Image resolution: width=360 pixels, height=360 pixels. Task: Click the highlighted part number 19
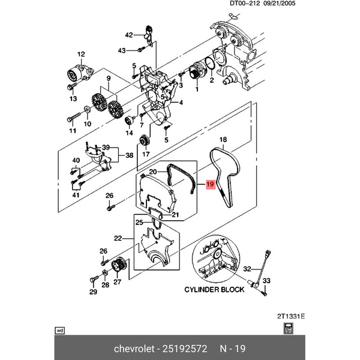[x=209, y=185]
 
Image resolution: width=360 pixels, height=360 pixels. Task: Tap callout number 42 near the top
[x=128, y=34]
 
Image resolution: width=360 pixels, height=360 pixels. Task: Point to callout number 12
[x=80, y=55]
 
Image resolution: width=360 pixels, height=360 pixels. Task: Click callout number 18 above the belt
[x=222, y=140]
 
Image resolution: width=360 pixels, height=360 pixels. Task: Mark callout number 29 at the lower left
[x=93, y=292]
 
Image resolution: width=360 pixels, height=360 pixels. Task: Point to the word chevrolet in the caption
[x=134, y=349]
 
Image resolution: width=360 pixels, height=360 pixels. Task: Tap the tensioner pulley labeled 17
[x=143, y=142]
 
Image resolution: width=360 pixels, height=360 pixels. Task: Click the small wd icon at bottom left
[x=59, y=329]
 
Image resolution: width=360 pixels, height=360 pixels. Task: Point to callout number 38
[x=128, y=156]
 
